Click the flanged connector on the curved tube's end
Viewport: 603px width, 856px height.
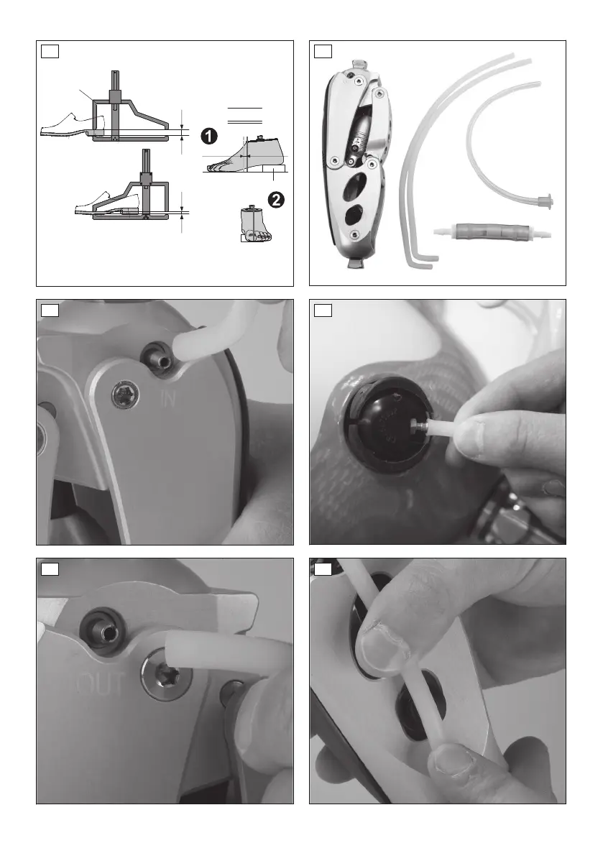pos(547,201)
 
